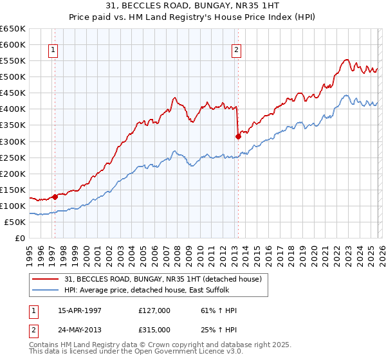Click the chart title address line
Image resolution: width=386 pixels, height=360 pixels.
[x=194, y=5]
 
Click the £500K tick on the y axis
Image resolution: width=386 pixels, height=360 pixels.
[x=12, y=77]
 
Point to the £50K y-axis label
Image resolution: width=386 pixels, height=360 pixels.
[x=14, y=222]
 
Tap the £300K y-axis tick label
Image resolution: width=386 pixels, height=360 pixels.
[x=12, y=141]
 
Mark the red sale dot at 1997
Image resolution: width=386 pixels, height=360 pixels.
[x=55, y=197]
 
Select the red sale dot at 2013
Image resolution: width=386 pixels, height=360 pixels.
[x=238, y=136]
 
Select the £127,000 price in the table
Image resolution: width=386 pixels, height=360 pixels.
[x=154, y=310]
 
